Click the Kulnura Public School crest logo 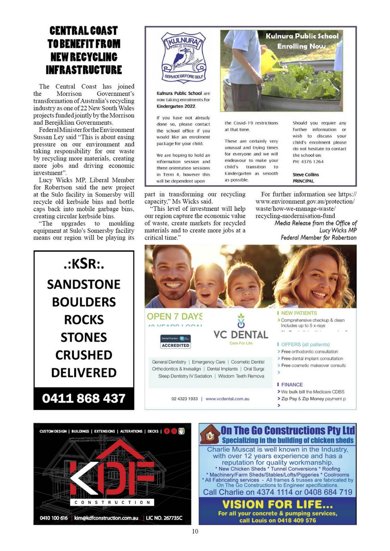[184, 57]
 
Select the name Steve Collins [306, 174]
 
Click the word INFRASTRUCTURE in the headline [84, 70]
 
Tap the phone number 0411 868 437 [84, 398]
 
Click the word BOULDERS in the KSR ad [84, 302]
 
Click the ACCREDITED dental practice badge [175, 342]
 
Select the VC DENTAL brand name [241, 335]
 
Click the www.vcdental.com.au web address [227, 399]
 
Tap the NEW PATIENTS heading [299, 313]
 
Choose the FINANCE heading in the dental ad [292, 385]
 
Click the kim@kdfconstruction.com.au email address [106, 518]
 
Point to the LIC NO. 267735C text [164, 518]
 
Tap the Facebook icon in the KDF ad [167, 431]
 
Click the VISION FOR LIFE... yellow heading [277, 505]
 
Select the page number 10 [195, 531]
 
